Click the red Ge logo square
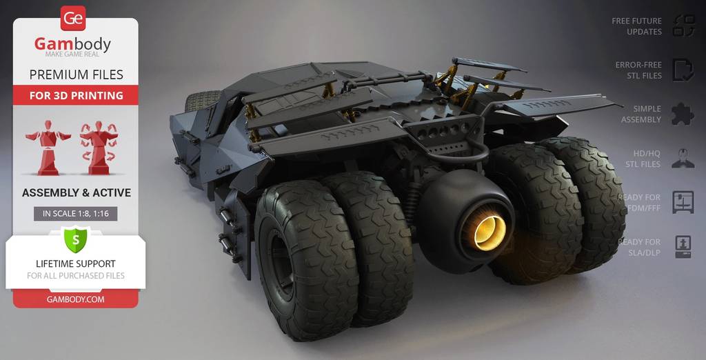[73, 19]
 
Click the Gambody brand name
[72, 45]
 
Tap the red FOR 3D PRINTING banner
[76, 96]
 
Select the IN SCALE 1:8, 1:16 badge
[76, 214]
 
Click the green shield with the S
[75, 240]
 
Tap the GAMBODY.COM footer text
[75, 299]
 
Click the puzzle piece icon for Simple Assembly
[683, 114]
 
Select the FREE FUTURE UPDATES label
[636, 26]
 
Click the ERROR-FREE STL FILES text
[638, 70]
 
